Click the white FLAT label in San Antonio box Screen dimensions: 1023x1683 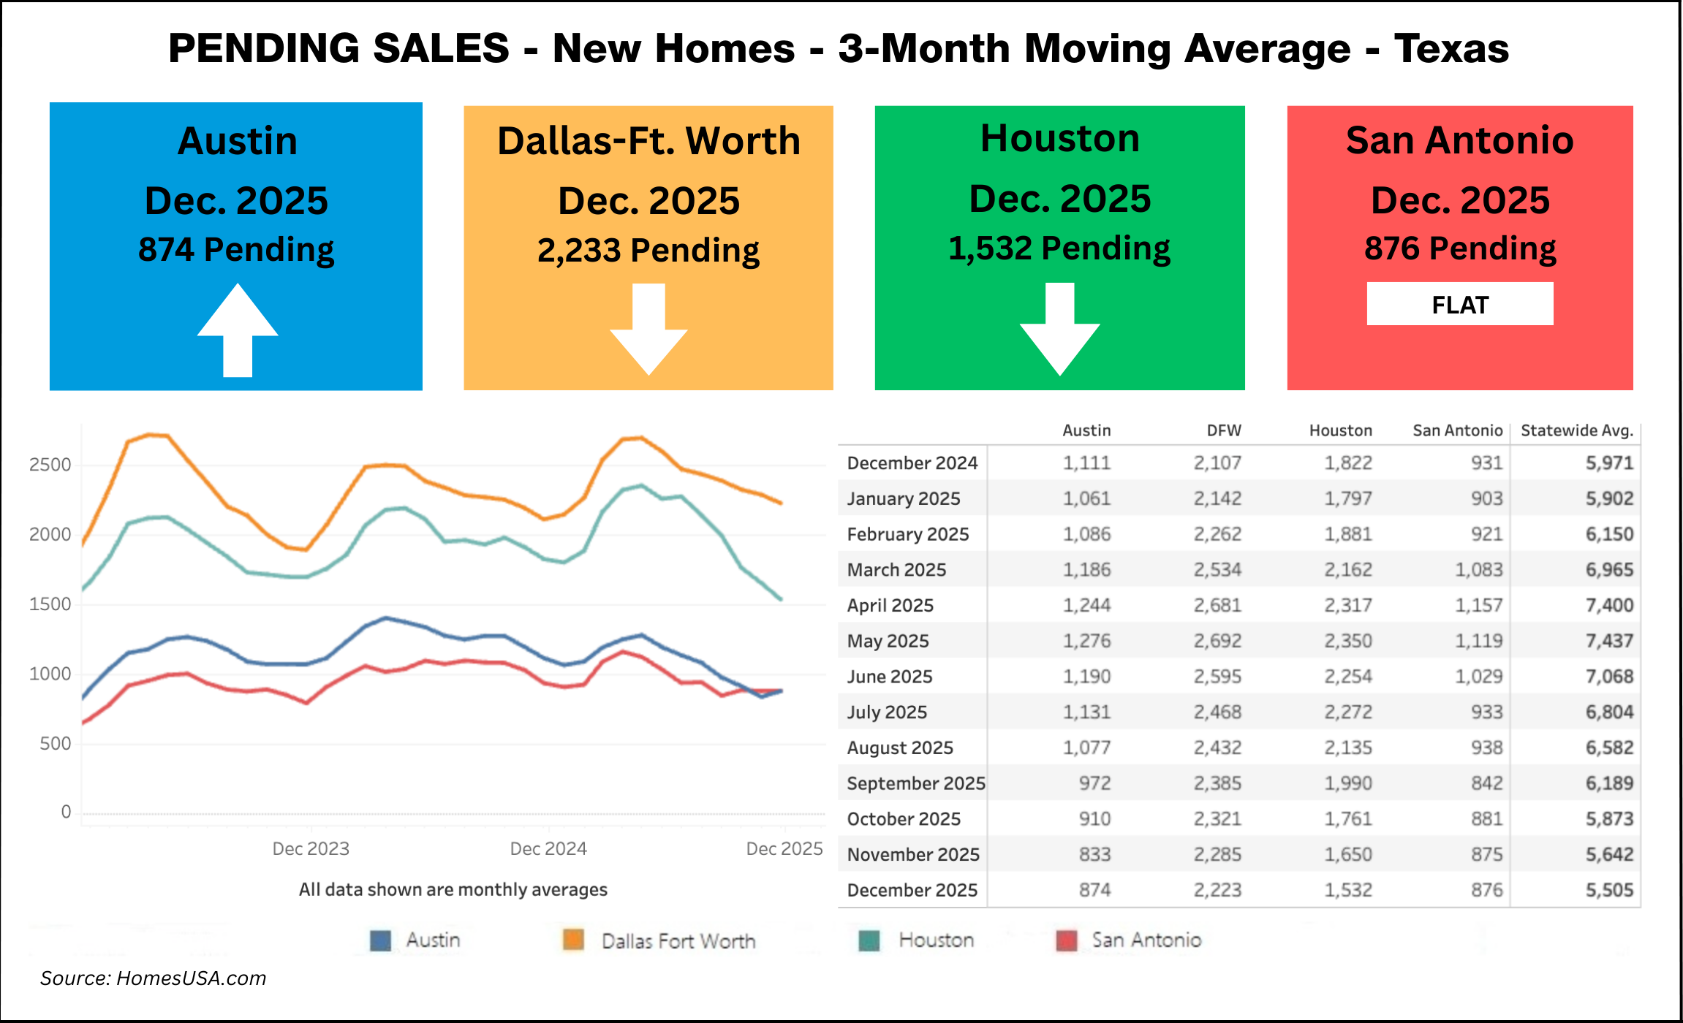pos(1459,304)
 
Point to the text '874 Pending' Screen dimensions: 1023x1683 pos(236,249)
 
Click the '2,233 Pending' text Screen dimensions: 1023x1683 pos(648,250)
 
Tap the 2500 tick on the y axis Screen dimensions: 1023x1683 pos(50,465)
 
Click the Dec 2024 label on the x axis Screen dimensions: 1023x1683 pos(548,848)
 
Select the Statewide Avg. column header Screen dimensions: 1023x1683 pos(1577,430)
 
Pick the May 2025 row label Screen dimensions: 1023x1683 pos(888,641)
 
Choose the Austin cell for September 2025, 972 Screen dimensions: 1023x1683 pos(1094,783)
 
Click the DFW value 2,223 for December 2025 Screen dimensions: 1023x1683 pos(1217,890)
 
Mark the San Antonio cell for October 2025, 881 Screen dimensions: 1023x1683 pos(1486,818)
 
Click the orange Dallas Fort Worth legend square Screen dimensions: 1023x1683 pos(573,940)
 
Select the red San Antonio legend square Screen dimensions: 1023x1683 pos(1067,940)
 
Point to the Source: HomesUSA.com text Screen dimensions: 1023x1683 pos(153,978)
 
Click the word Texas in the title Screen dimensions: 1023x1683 pos(1451,48)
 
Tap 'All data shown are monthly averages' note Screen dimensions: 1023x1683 pos(453,889)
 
